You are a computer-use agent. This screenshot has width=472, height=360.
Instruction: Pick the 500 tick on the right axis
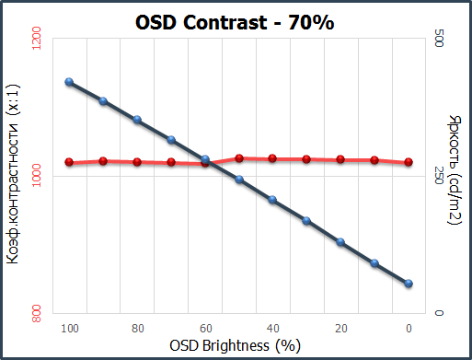point(438,40)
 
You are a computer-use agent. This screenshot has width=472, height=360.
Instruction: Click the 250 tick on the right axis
point(438,177)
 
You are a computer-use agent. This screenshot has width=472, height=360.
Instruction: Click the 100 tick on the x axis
point(69,328)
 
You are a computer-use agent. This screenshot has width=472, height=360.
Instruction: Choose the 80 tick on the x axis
point(137,328)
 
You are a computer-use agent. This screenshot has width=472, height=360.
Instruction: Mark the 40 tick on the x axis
point(273,328)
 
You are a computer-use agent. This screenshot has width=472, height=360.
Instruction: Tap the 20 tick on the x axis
point(341,328)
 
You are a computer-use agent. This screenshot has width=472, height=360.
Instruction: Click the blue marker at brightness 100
point(69,82)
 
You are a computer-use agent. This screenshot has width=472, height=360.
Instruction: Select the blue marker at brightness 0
point(409,284)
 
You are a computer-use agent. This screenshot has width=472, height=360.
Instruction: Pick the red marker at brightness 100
point(69,163)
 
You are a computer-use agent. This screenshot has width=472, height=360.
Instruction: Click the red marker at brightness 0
point(409,162)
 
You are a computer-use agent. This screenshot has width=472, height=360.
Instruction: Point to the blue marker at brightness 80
point(137,120)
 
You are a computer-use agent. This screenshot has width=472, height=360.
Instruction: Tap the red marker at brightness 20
point(341,159)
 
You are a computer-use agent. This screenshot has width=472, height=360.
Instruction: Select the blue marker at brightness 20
point(341,242)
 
